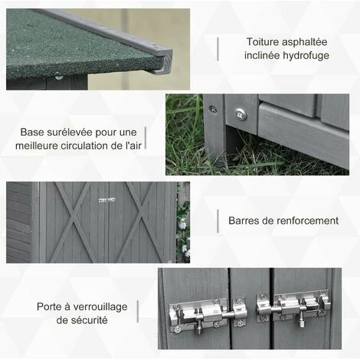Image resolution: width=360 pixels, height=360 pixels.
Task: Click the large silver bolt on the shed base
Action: tap(241, 114)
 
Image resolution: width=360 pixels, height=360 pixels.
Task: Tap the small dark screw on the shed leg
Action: tap(213, 110)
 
